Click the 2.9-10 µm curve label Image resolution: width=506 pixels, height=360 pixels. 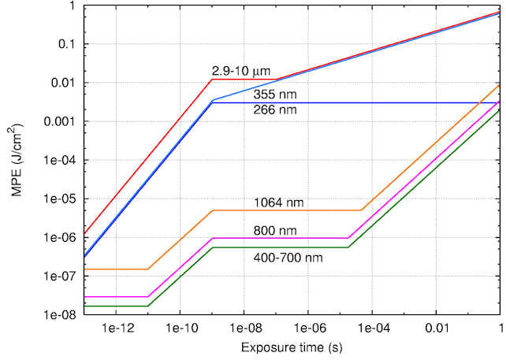pos(240,72)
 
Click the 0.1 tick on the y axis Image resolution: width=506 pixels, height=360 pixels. pos(65,44)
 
